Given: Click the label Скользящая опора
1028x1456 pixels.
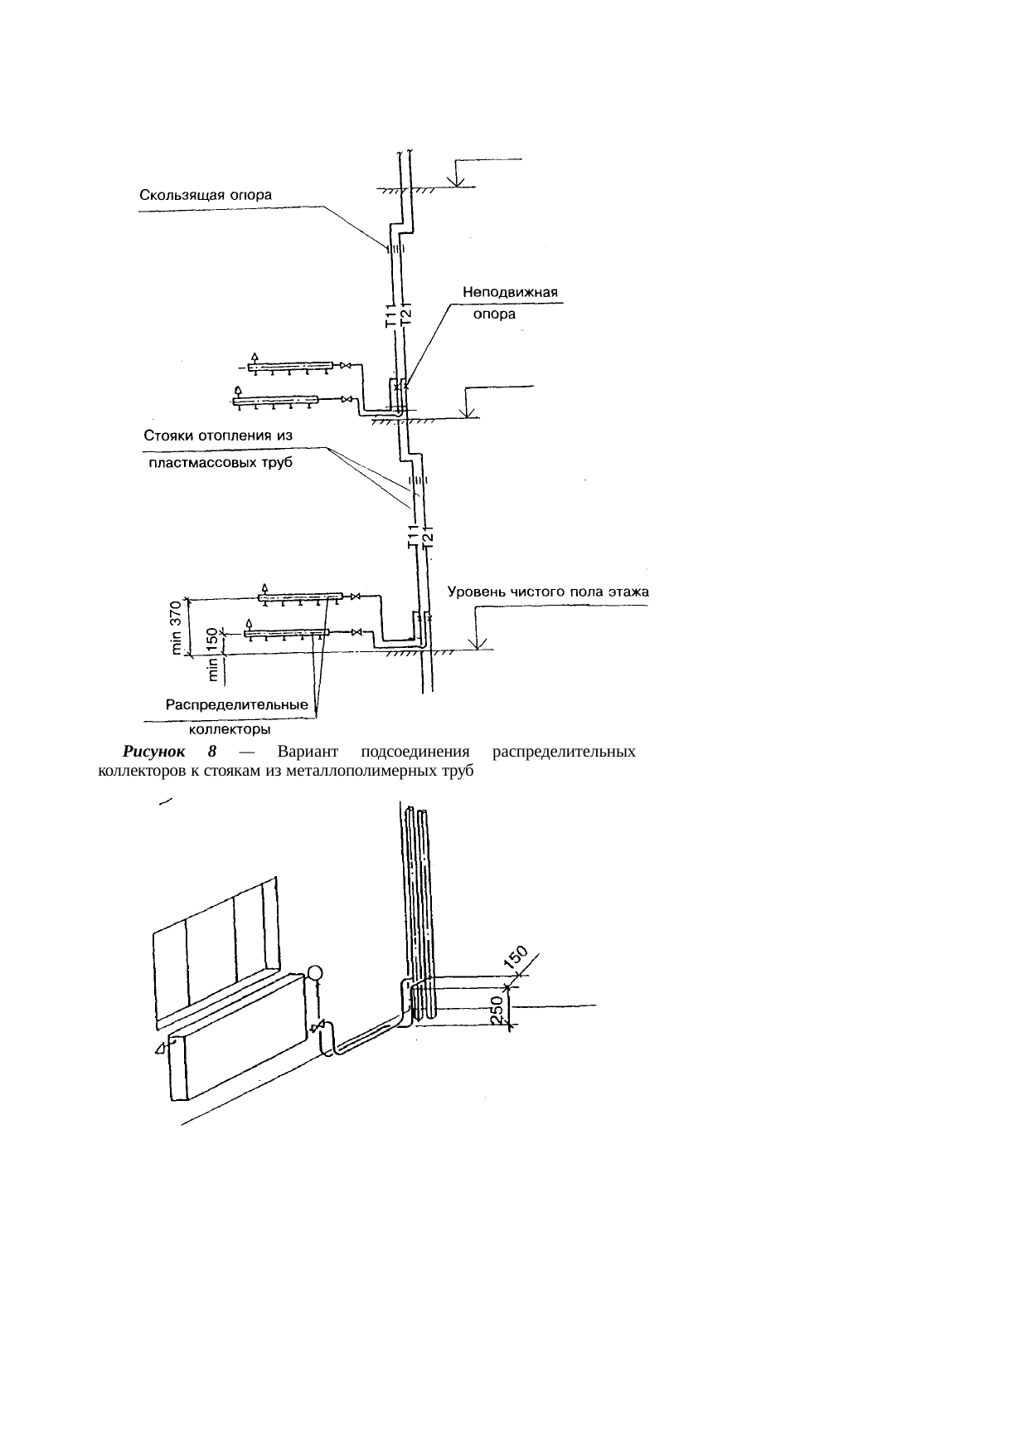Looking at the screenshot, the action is (x=206, y=197).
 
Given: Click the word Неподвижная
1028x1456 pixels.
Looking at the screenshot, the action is (x=510, y=293).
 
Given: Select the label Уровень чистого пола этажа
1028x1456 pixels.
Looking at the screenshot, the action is (x=549, y=592).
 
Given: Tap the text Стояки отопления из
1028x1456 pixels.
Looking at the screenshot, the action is (x=218, y=436).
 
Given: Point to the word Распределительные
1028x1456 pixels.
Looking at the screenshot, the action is (x=238, y=706).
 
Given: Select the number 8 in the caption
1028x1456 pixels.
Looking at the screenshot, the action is (x=212, y=752).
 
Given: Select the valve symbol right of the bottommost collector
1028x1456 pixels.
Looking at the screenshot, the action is (x=356, y=634).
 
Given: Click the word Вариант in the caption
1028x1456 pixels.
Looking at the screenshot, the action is (x=308, y=752).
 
